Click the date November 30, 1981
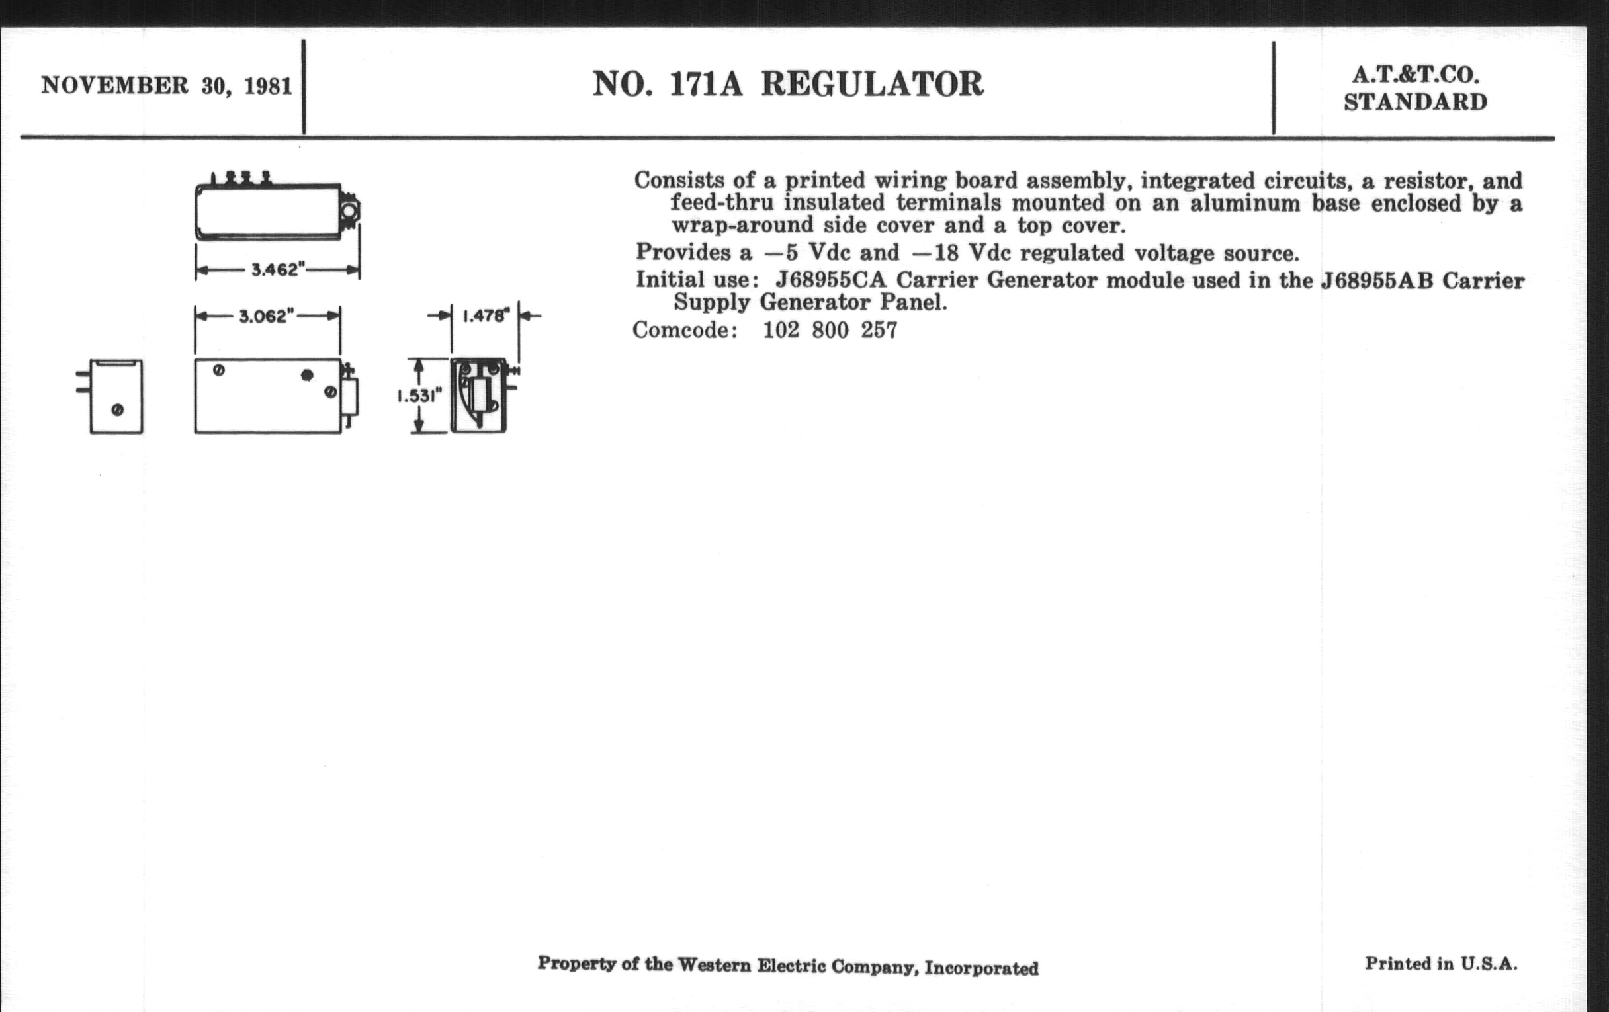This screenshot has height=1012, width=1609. tap(167, 86)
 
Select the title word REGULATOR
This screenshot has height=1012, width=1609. tap(872, 84)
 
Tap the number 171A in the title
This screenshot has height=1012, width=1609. tap(706, 84)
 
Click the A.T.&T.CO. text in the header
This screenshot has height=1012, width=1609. tap(1416, 75)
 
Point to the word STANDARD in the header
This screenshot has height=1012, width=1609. tap(1416, 103)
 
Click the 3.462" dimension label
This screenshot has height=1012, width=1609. tap(278, 270)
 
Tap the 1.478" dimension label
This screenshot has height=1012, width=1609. tap(486, 316)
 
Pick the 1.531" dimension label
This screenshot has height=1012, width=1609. tap(419, 396)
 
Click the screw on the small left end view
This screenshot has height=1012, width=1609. tap(118, 410)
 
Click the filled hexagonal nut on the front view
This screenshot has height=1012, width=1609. tap(308, 375)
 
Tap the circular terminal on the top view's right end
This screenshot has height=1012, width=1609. tap(349, 212)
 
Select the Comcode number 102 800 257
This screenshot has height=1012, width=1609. tap(830, 330)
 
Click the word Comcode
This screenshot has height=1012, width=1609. tap(685, 330)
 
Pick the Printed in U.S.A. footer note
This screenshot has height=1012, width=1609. tap(1441, 963)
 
